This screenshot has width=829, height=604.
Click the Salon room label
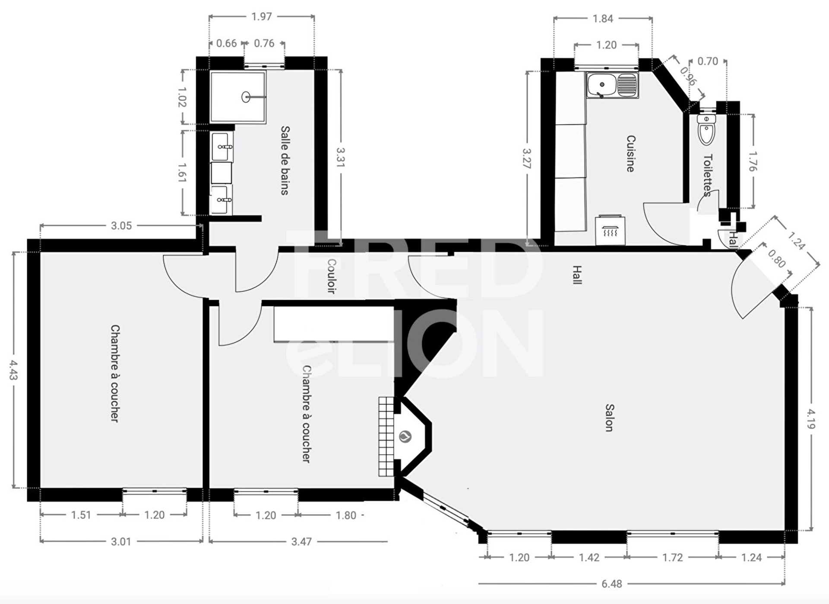[609, 417]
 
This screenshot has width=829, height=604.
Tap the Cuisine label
[631, 154]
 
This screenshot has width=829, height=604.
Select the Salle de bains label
[285, 160]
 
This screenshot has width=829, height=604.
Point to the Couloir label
[331, 276]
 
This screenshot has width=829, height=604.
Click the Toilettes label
[708, 175]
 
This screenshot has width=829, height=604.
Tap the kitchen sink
[612, 85]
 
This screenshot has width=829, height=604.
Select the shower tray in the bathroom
[238, 97]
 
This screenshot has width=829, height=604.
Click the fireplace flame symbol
[405, 436]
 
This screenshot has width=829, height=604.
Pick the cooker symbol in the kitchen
[610, 230]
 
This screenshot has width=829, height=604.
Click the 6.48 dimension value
[612, 584]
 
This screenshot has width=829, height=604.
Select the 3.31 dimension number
[341, 157]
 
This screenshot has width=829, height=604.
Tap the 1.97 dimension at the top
[262, 16]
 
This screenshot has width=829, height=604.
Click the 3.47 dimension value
[301, 541]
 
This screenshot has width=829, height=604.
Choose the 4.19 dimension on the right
[811, 419]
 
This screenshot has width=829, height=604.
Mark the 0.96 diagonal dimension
[688, 76]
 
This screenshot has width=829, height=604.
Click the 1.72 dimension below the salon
[673, 557]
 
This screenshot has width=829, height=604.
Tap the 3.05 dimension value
[121, 225]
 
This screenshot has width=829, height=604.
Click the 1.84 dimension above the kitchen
[603, 19]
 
